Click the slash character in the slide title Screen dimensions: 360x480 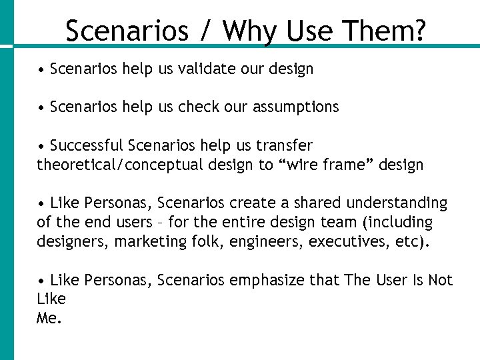tap(206, 31)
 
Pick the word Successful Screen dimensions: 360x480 tap(87, 145)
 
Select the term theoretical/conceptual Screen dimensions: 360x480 tap(113, 165)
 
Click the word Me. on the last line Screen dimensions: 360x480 tap(49, 318)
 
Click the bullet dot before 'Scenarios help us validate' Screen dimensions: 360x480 tap(41, 69)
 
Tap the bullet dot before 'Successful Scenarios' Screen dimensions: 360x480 tap(41, 146)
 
